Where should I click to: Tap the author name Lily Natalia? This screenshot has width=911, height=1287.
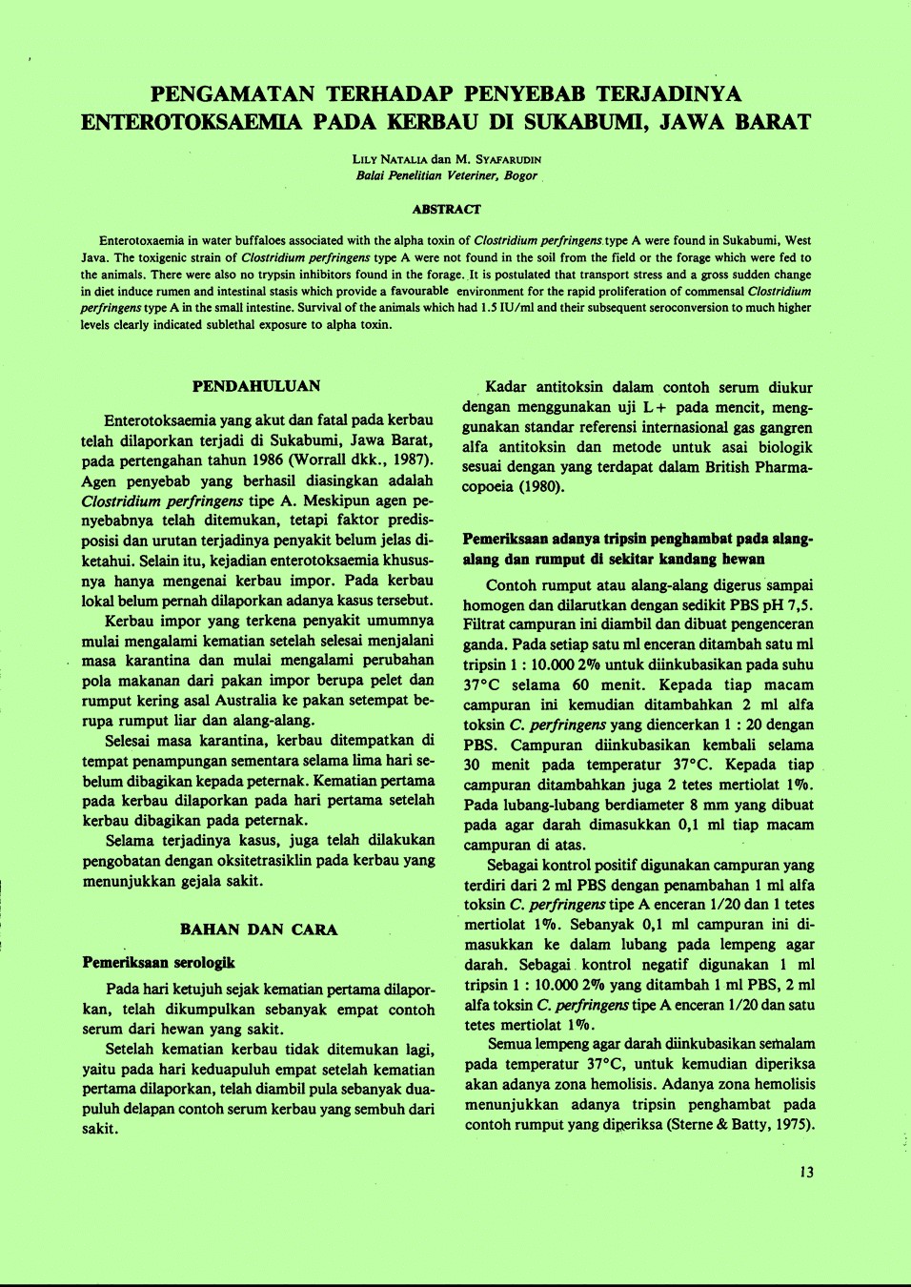coord(390,159)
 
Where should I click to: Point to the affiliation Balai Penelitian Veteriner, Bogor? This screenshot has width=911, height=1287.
coord(446,175)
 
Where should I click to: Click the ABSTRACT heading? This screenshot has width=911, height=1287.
coord(446,209)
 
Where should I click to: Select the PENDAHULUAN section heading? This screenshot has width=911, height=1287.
coord(256,386)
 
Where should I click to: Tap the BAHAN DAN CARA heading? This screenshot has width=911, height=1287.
coord(258,929)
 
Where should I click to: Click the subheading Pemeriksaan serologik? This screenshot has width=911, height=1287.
coord(158,963)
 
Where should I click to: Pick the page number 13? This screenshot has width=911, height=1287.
coord(806,1173)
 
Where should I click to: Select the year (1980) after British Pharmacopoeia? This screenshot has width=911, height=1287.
coord(542,487)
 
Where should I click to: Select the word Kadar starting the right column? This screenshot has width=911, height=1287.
coord(506,387)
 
